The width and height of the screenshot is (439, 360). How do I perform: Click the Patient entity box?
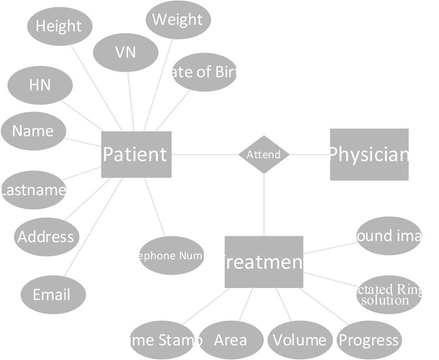(136, 154)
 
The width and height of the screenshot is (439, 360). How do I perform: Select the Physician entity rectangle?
(369, 154)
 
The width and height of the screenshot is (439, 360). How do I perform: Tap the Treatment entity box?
(263, 262)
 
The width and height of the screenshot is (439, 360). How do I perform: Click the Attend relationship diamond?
(264, 154)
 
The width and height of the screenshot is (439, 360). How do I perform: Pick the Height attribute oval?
(59, 26)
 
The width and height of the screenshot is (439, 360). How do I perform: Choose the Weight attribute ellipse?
(177, 19)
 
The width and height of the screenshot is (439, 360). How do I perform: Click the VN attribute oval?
(125, 52)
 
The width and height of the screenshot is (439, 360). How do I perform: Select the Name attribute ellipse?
(33, 131)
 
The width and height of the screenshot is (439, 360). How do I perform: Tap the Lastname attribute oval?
(33, 189)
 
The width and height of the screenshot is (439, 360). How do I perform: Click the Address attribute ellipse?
(46, 236)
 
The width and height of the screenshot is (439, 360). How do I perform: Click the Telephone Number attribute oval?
(172, 255)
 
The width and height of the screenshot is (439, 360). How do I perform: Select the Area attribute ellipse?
(230, 340)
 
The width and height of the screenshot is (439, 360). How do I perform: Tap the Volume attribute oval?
(299, 340)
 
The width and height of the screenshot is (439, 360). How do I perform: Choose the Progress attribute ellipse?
(369, 340)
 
